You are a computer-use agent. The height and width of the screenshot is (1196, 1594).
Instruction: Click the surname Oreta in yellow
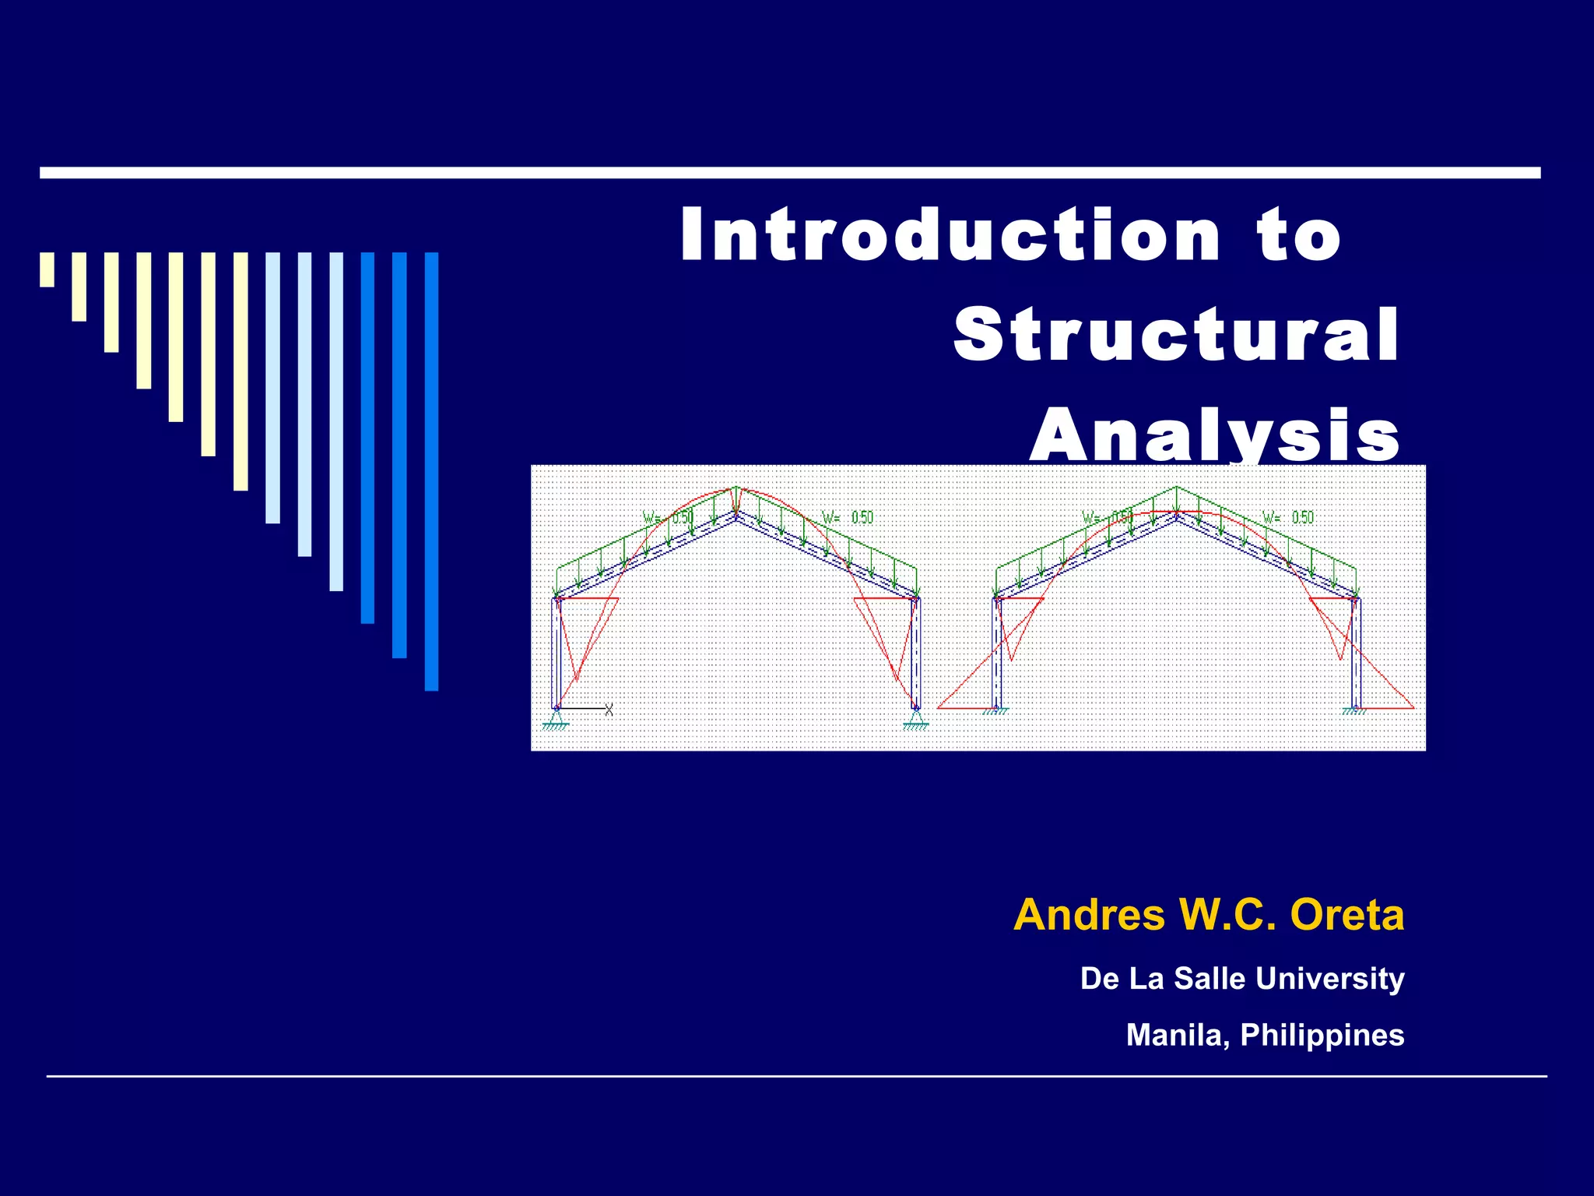coord(1346,915)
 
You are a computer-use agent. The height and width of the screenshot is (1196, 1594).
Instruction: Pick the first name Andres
coord(1089,915)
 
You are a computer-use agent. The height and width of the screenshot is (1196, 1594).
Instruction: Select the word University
coord(1329,979)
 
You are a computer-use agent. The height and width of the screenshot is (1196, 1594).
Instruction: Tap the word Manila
coord(1177,1035)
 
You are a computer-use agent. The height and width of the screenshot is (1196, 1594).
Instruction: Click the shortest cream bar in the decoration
coord(47,269)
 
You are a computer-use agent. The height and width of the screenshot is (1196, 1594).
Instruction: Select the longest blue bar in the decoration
coord(431,471)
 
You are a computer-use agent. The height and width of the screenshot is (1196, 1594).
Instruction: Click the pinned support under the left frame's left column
coord(556,719)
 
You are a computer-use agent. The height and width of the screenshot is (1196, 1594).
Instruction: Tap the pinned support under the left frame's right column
coord(916,719)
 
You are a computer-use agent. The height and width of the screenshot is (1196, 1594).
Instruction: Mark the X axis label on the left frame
coord(609,709)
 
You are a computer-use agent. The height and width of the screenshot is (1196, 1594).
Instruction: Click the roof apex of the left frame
coord(736,514)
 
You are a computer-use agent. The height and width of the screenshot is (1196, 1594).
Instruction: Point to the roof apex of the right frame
coord(1176,514)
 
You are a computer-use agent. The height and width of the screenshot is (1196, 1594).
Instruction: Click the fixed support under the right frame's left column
coord(995,709)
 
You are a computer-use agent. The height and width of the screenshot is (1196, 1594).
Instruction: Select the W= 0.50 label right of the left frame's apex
coord(848,518)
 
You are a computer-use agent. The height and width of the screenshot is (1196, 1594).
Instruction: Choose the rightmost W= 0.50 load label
coord(1287,518)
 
